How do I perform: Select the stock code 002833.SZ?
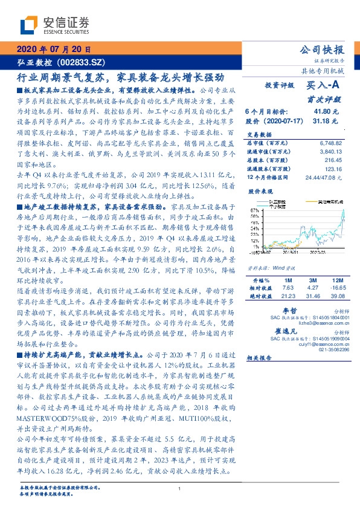pyautogui.click(x=83, y=63)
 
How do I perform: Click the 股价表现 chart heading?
pyautogui.click(x=260, y=190)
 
